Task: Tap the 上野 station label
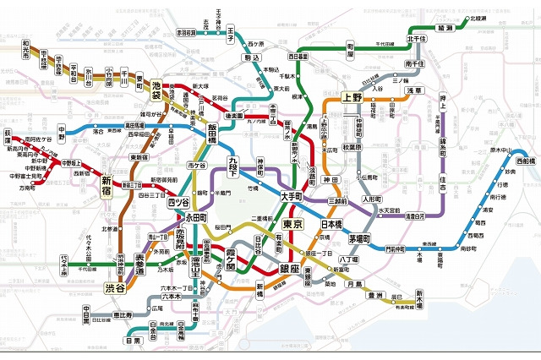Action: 351,97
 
